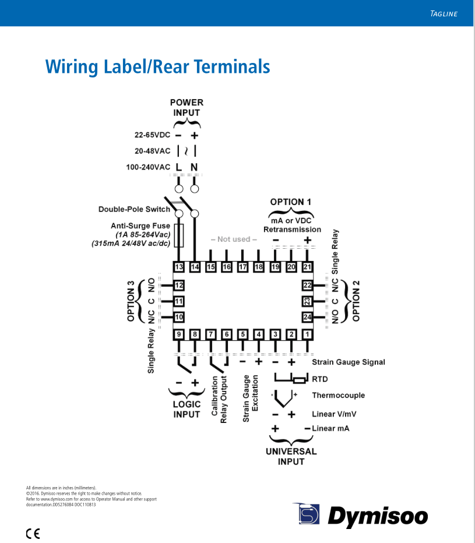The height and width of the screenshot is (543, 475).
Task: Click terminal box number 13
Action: click(179, 267)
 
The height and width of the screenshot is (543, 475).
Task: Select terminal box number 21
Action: click(307, 267)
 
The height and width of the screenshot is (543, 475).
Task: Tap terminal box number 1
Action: click(307, 334)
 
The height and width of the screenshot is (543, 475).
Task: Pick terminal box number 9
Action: click(179, 334)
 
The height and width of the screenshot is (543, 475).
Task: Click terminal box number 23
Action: click(307, 301)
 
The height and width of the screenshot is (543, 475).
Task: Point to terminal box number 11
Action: click(179, 301)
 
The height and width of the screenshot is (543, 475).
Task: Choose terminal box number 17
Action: click(243, 267)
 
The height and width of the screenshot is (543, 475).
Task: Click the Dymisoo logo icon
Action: click(307, 513)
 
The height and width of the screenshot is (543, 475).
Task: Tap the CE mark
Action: click(33, 533)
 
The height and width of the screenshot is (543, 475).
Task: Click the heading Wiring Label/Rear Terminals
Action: click(158, 66)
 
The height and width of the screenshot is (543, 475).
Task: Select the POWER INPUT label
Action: click(187, 108)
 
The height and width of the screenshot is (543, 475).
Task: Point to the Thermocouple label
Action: click(338, 396)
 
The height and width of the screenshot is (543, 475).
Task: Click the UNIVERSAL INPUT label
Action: click(291, 456)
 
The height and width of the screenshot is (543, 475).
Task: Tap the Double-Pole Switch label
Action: click(134, 209)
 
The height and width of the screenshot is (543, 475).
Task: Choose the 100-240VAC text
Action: click(148, 167)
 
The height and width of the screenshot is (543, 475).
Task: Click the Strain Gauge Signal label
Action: click(349, 362)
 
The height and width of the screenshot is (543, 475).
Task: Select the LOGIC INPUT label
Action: click(187, 409)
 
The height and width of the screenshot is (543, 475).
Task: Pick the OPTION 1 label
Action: click(290, 202)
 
